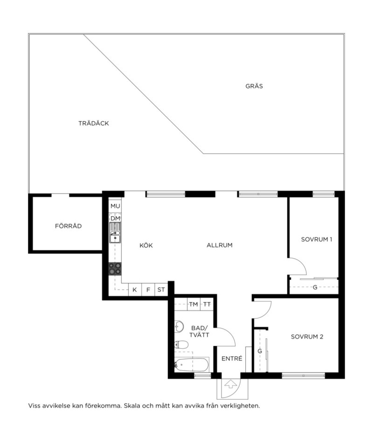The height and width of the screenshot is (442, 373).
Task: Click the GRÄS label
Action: pyautogui.click(x=254, y=86)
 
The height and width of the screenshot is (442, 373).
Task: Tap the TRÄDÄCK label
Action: pyautogui.click(x=94, y=123)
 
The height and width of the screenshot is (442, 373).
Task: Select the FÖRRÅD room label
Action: pyautogui.click(x=68, y=226)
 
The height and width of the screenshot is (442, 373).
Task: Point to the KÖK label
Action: pyautogui.click(x=146, y=245)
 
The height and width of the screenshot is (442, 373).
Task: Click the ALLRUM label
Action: pyautogui.click(x=219, y=245)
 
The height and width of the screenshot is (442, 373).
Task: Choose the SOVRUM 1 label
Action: pyautogui.click(x=316, y=239)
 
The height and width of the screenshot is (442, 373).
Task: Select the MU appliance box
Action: pyautogui.click(x=115, y=206)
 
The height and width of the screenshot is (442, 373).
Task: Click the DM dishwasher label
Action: pyautogui.click(x=115, y=218)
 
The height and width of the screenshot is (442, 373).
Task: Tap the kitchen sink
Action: pyautogui.click(x=115, y=233)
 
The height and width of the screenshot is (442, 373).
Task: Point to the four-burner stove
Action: pyautogui.click(x=115, y=269)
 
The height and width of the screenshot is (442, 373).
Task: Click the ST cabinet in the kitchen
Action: pyautogui.click(x=161, y=290)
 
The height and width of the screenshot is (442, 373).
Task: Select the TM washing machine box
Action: pyautogui.click(x=193, y=304)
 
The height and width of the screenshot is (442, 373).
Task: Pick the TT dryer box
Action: pyautogui.click(x=207, y=304)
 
